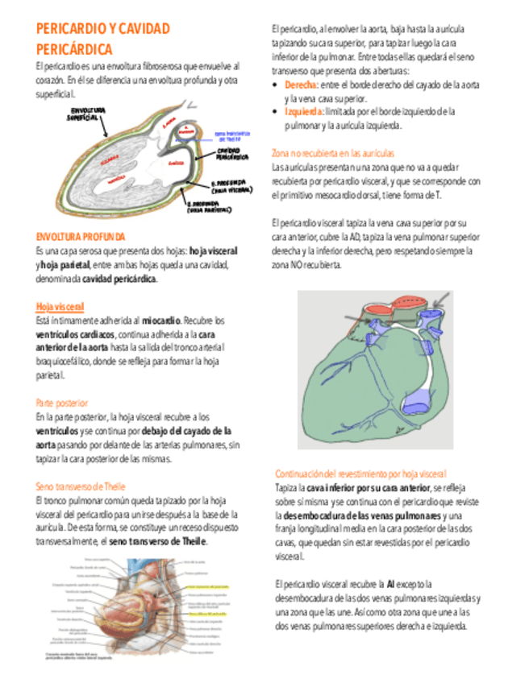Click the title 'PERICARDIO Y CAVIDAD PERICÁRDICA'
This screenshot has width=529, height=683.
pyautogui.click(x=103, y=39)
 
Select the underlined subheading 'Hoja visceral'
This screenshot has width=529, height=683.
pyautogui.click(x=60, y=306)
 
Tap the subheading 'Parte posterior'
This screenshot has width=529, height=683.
pyautogui.click(x=61, y=402)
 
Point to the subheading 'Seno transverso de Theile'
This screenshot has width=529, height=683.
pyautogui.click(x=81, y=486)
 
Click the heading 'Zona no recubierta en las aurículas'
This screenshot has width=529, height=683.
pyautogui.click(x=332, y=152)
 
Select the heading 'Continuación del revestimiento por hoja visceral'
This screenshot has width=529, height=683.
pyautogui.click(x=360, y=474)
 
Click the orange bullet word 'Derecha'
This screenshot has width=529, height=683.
pyautogui.click(x=301, y=85)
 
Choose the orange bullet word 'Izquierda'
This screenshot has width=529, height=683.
pyautogui.click(x=303, y=112)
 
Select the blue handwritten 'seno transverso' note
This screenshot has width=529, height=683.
pyautogui.click(x=232, y=135)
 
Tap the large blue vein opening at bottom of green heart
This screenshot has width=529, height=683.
pyautogui.click(x=414, y=399)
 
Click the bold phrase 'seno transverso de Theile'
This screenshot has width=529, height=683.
pyautogui.click(x=158, y=541)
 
